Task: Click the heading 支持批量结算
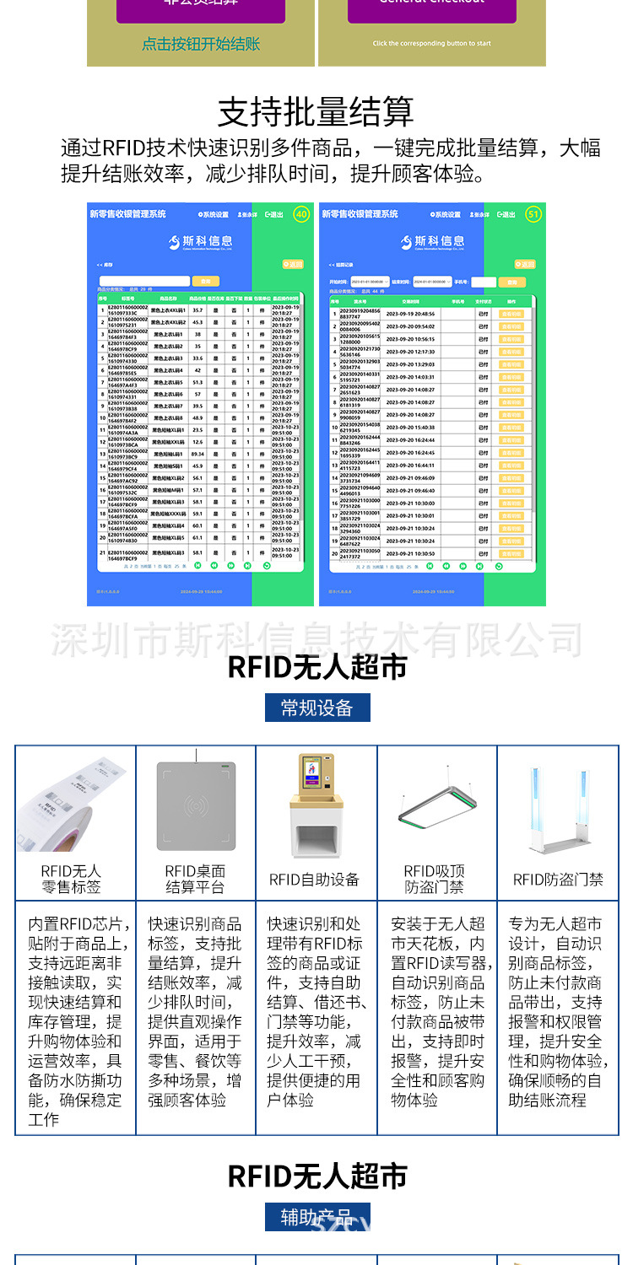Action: pyautogui.click(x=316, y=111)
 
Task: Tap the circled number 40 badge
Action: pyautogui.click(x=301, y=215)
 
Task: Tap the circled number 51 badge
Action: pyautogui.click(x=533, y=215)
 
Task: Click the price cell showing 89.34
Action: pyautogui.click(x=197, y=454)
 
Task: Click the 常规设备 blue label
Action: pyautogui.click(x=316, y=707)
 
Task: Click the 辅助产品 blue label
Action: pyautogui.click(x=316, y=1217)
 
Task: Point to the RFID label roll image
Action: pyautogui.click(x=74, y=805)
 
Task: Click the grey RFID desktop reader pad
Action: pyautogui.click(x=196, y=805)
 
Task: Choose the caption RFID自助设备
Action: pyautogui.click(x=315, y=880)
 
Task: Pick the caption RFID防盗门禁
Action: pyautogui.click(x=558, y=880)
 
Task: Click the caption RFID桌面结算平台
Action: pyautogui.click(x=195, y=879)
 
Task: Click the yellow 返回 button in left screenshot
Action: pyautogui.click(x=292, y=264)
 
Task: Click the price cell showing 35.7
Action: pyautogui.click(x=197, y=310)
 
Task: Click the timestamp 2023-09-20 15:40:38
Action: pyautogui.click(x=410, y=428)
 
